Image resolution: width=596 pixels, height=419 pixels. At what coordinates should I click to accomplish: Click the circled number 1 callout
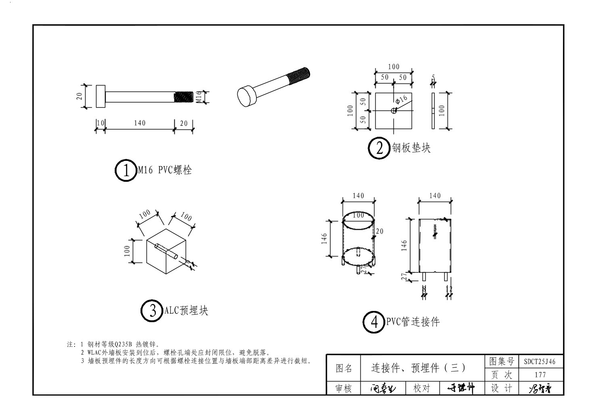pos(126,171)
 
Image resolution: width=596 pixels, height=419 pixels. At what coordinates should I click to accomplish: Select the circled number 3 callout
pos(152,311)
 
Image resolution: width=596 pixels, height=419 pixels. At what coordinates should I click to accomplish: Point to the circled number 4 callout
pos(374,322)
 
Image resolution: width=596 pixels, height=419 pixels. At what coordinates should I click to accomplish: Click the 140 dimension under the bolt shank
pos(140,123)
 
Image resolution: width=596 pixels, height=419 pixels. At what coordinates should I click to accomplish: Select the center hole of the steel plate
pos(394,111)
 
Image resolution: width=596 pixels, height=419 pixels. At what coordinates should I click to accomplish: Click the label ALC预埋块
pos(186,311)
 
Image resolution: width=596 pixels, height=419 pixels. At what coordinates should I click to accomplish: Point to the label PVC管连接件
pos(413,322)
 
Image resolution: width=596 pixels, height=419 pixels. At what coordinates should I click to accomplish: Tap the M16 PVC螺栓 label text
pos(165,171)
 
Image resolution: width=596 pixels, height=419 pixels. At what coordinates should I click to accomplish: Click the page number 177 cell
pos(540,375)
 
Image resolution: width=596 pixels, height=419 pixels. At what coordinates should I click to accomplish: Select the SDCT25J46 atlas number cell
pos(540,361)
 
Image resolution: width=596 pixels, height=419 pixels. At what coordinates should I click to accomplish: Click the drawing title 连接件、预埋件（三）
pos(418,368)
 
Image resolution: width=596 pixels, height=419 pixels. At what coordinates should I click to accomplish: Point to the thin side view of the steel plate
pos(433,111)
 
